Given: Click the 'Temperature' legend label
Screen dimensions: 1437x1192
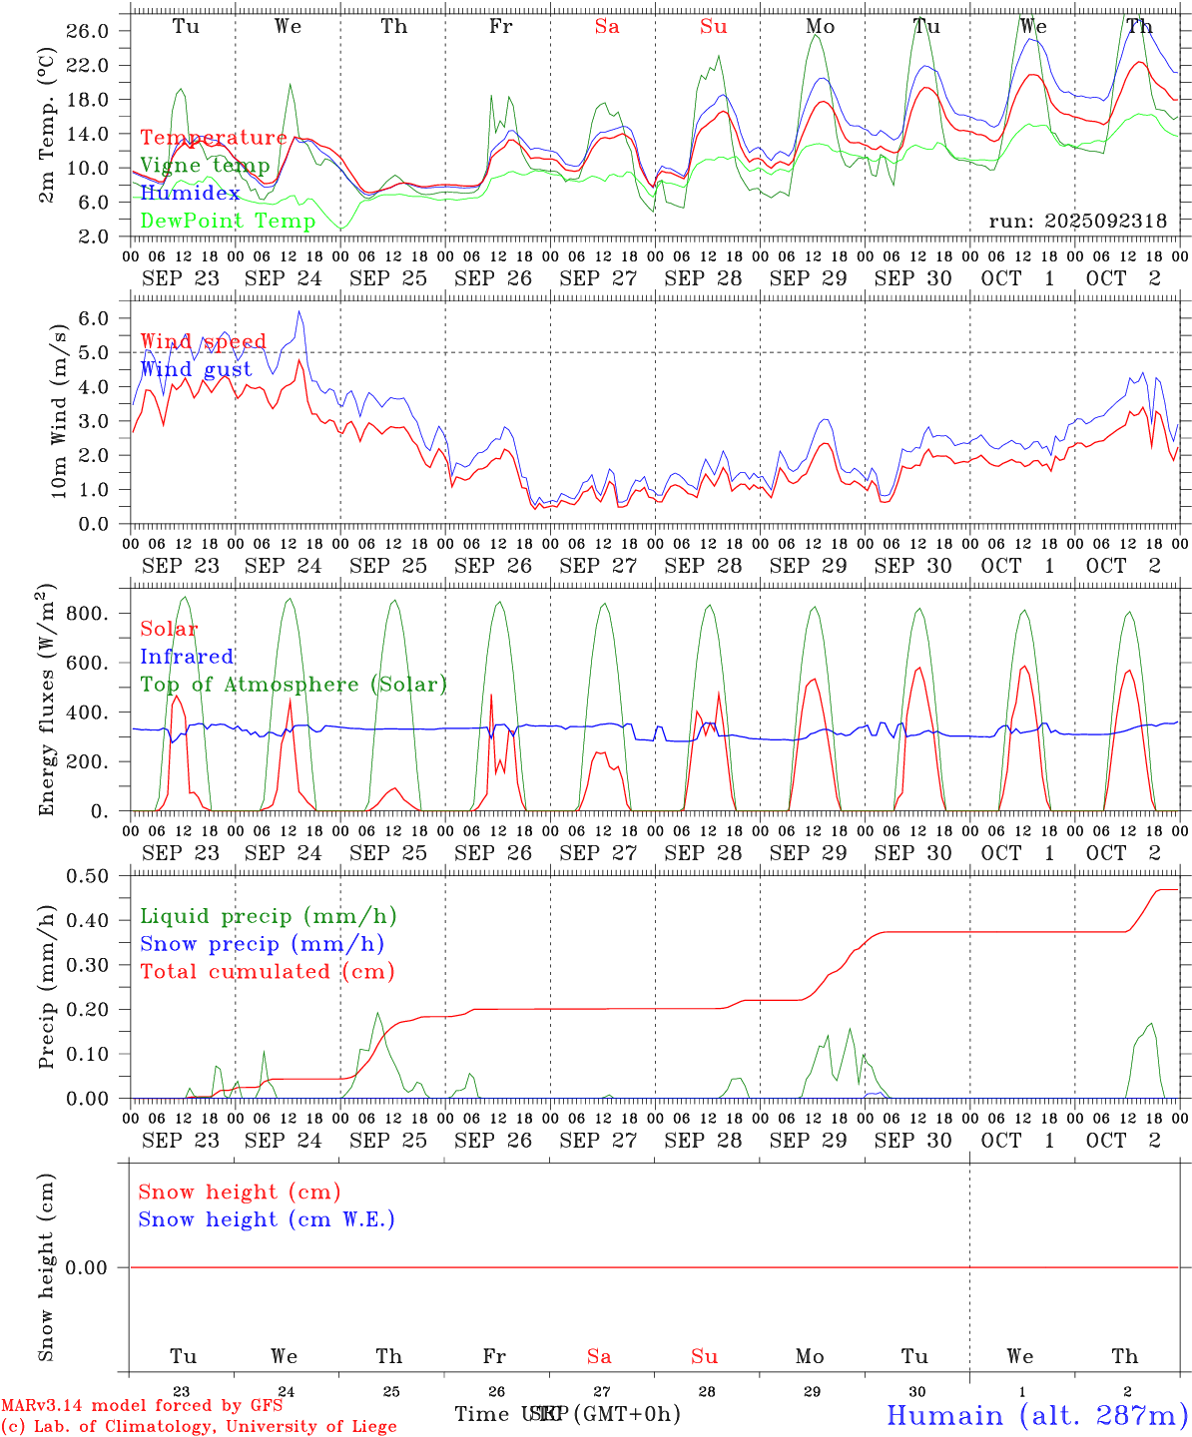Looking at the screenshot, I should tap(213, 138).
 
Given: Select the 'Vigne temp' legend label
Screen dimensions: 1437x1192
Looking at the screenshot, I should tap(205, 166).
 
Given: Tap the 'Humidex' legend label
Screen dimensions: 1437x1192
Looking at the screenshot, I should tap(190, 194).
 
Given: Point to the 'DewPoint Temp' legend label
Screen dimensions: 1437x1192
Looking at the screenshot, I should tap(228, 222).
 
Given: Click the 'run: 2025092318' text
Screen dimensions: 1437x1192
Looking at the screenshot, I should tap(1077, 222).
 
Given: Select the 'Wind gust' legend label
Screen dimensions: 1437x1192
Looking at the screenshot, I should tap(196, 369).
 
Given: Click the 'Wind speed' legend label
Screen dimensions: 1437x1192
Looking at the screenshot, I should tap(203, 341).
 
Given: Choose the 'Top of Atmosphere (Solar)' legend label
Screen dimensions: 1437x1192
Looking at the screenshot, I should tap(293, 685).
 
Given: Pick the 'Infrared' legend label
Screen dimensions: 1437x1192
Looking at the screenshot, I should tap(187, 657).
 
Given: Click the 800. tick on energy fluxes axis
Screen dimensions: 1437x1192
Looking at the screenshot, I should tap(87, 613).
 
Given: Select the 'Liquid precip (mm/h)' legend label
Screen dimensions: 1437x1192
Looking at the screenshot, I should tap(268, 916).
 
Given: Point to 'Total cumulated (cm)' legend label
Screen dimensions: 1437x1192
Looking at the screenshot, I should tap(267, 972).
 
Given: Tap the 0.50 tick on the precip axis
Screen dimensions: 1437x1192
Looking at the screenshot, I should tap(87, 876).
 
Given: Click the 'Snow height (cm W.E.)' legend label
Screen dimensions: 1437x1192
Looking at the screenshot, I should tap(266, 1219).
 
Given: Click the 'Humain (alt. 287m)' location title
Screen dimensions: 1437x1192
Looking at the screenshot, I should tap(1036, 1415).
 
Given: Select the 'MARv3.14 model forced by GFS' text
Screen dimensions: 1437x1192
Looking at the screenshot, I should tap(142, 1405).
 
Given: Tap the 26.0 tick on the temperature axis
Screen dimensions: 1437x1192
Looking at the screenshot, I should tap(87, 31).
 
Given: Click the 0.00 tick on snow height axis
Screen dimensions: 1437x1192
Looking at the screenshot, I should tap(87, 1267).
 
